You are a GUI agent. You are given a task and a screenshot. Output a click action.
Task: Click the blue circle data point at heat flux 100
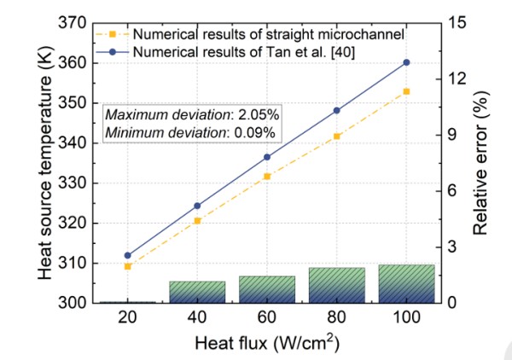coord(406,62)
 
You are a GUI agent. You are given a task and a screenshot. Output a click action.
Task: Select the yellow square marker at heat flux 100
coord(406,91)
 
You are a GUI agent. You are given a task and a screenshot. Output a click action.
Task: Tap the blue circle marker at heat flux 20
coord(128,255)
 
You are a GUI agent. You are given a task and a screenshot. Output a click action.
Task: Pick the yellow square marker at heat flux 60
coord(267,176)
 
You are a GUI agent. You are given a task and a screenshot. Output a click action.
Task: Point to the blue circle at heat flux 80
coord(337,110)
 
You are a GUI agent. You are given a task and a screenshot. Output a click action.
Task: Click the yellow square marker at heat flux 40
coord(197,221)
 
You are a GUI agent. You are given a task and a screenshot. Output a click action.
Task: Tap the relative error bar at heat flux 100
coord(406,283)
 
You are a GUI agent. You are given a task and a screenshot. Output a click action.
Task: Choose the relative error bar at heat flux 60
coord(267,289)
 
